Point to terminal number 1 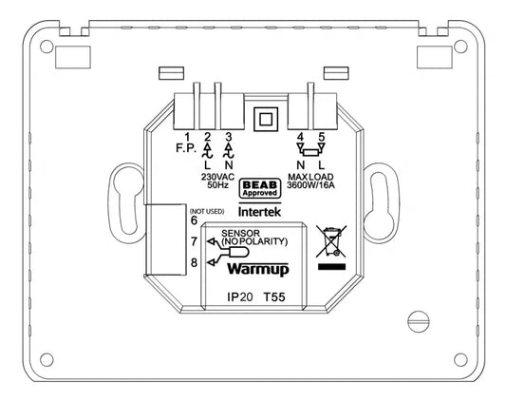pyautogui.click(x=190, y=138)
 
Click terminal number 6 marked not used pyautogui.click(x=194, y=220)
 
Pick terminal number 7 pyautogui.click(x=194, y=242)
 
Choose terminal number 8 pyautogui.click(x=194, y=263)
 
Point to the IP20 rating pyautogui.click(x=240, y=297)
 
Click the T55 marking pyautogui.click(x=276, y=297)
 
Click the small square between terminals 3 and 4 pyautogui.click(x=266, y=121)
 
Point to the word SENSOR pyautogui.click(x=238, y=233)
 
